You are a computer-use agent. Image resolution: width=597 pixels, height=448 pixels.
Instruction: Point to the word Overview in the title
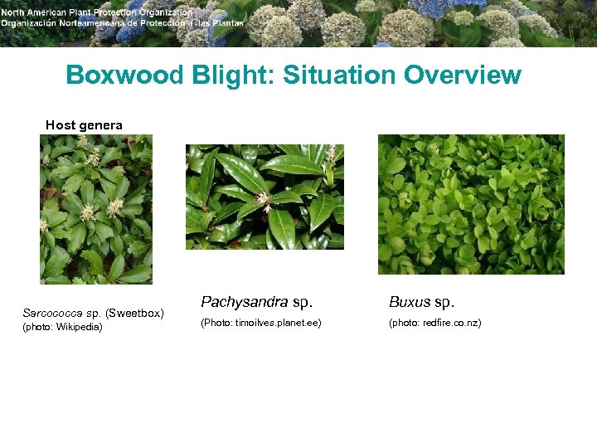pyautogui.click(x=463, y=75)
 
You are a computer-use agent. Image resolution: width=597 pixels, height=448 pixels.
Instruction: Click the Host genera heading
pyautogui.click(x=84, y=125)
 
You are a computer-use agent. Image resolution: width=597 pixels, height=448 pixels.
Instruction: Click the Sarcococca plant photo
pyautogui.click(x=96, y=209)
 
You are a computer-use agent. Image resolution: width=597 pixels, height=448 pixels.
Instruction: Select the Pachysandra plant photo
pyautogui.click(x=265, y=197)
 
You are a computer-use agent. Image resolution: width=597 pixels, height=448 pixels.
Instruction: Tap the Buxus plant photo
pyautogui.click(x=471, y=204)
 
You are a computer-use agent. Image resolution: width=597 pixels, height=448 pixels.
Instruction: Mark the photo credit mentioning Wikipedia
pyautogui.click(x=63, y=328)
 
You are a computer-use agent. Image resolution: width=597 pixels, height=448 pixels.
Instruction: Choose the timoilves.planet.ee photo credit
pyautogui.click(x=260, y=323)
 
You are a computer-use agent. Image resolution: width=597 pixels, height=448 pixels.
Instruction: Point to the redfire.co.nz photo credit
pyautogui.click(x=434, y=323)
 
